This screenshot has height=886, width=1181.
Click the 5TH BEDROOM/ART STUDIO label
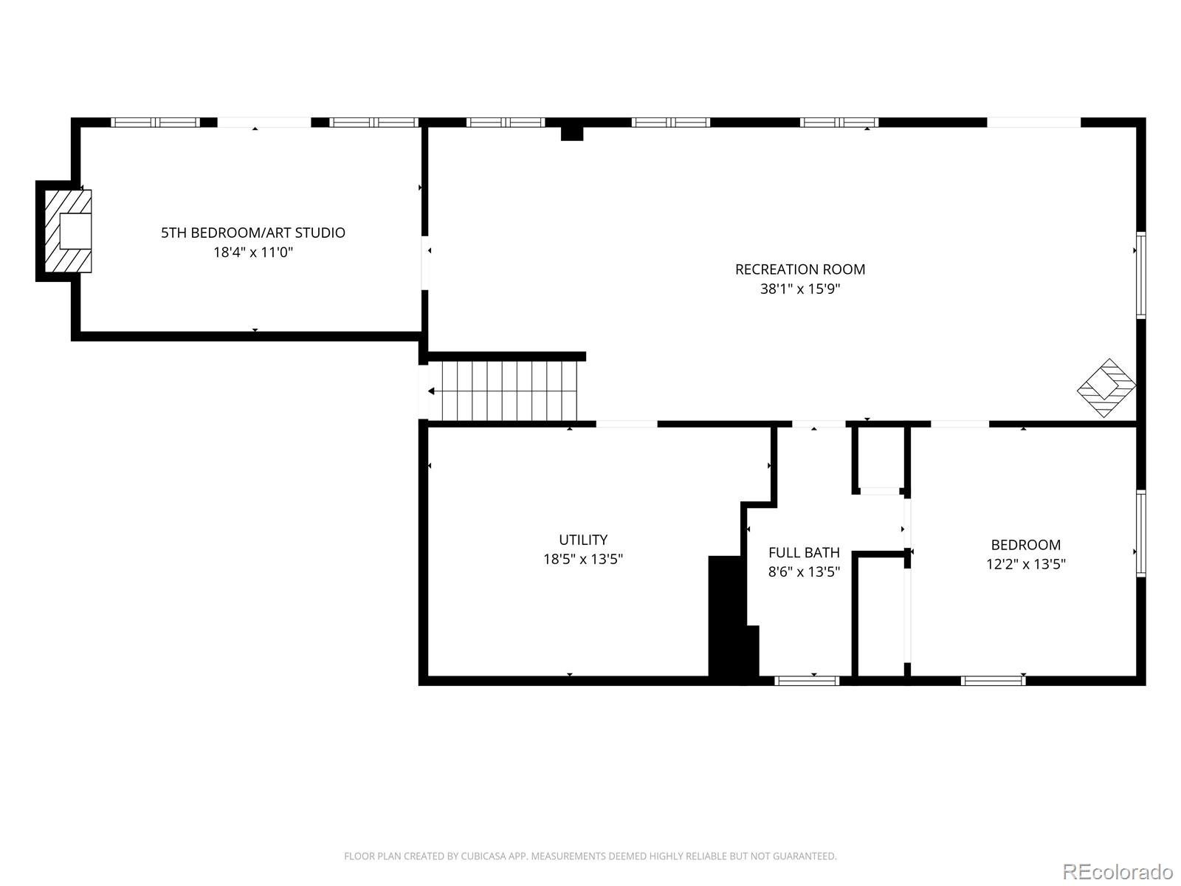(253, 233)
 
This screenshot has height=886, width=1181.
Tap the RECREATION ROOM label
(800, 269)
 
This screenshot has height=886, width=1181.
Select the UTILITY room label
(583, 540)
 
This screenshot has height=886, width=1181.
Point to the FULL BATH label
(804, 552)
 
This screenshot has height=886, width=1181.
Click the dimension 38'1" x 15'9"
(800, 289)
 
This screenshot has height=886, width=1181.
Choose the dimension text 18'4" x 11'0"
(253, 253)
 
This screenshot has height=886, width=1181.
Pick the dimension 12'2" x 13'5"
(1025, 564)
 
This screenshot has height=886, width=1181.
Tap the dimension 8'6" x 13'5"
(804, 571)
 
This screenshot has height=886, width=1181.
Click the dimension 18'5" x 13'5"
(583, 559)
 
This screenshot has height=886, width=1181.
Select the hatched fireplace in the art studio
(68, 231)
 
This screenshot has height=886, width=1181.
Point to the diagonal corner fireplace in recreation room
(1106, 388)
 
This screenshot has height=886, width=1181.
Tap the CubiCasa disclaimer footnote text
(590, 855)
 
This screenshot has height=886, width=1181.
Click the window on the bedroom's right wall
(1140, 533)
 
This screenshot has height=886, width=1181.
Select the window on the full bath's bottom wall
(807, 681)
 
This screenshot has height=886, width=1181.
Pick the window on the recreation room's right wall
(1140, 275)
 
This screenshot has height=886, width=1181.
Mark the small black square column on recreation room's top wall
(572, 133)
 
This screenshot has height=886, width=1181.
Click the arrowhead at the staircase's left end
(431, 391)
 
